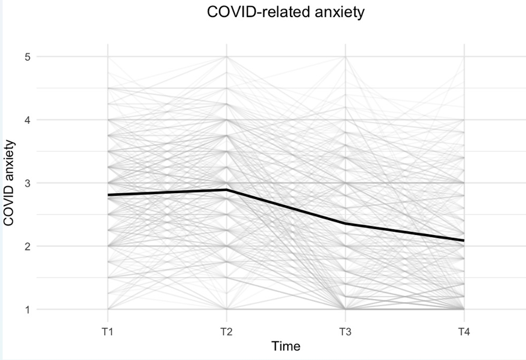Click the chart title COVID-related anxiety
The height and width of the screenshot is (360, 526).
(x=286, y=12)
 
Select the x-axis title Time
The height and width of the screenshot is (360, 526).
(x=286, y=346)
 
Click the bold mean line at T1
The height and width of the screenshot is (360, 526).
(x=108, y=195)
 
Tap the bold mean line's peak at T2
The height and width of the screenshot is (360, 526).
(x=226, y=190)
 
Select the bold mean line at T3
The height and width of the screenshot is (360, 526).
(x=346, y=224)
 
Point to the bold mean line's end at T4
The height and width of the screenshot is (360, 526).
(x=463, y=240)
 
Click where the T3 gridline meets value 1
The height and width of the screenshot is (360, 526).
(x=346, y=309)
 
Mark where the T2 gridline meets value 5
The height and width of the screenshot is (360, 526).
(x=226, y=56)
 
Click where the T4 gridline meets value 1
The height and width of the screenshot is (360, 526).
(x=464, y=309)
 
